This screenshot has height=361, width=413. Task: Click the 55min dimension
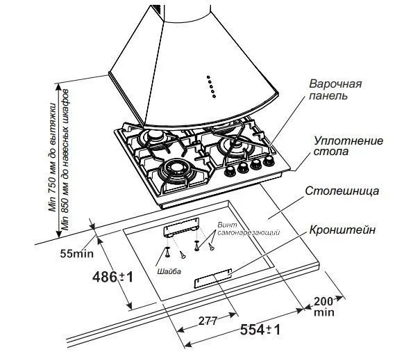pyautogui.click(x=74, y=252)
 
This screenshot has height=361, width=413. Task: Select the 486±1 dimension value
pyautogui.click(x=112, y=277)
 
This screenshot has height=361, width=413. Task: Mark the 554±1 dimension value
pyautogui.click(x=260, y=330)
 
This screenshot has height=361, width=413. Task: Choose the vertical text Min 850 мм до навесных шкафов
pyautogui.click(x=66, y=161)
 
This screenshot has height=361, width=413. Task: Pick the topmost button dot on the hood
pyautogui.click(x=208, y=76)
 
